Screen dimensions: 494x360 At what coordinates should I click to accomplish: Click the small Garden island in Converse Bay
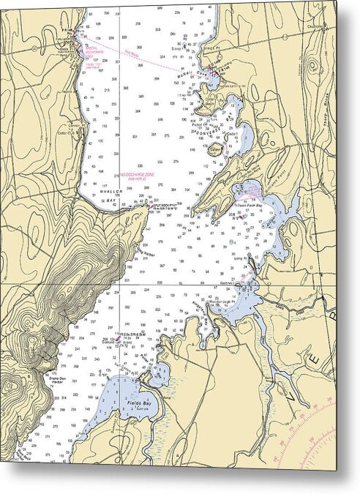click(x=214, y=149)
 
